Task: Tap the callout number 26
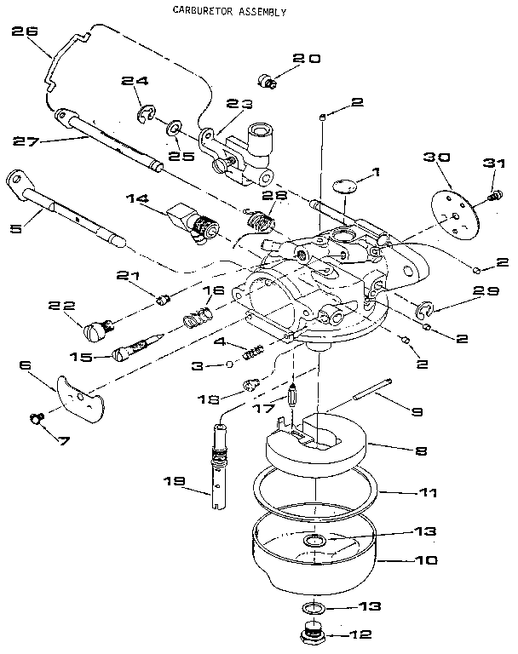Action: [x=26, y=32]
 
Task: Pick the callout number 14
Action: [x=136, y=198]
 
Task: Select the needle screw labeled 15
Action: [x=135, y=349]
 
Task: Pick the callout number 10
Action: [x=426, y=560]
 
